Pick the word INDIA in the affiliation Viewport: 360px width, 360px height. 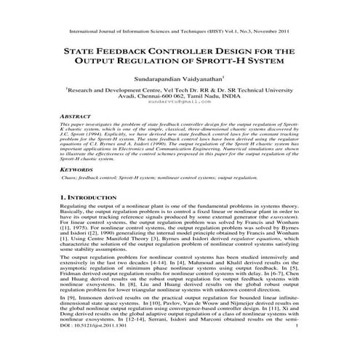(249, 95)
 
